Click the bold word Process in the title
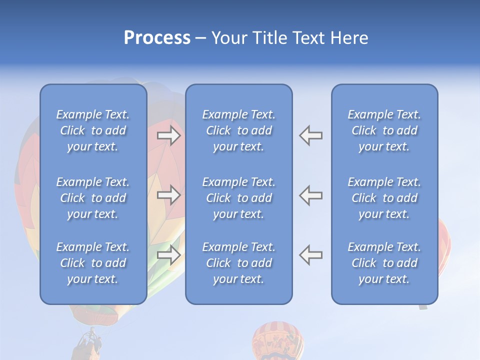coord(157,38)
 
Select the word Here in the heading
coord(349,38)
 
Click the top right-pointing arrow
coord(169,135)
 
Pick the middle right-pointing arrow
coord(169,195)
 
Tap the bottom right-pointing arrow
coord(169,255)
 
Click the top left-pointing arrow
coord(310,135)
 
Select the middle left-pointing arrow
coord(310,195)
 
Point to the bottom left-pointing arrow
coord(310,255)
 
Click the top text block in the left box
coord(93,130)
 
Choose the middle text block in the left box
coord(93,198)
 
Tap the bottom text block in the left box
coord(93,263)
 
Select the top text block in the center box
coord(238,130)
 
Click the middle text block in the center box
coord(238,198)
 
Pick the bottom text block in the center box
coord(238,263)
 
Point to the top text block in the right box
coord(384,130)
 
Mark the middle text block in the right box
coord(384,198)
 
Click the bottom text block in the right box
coord(384,263)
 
